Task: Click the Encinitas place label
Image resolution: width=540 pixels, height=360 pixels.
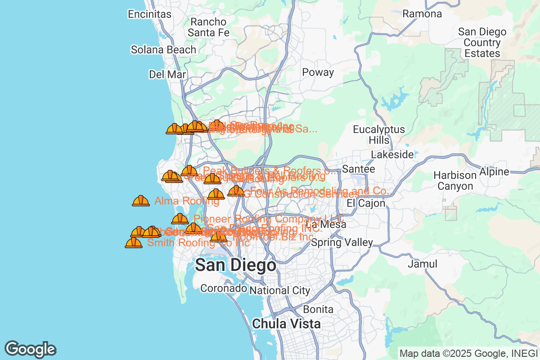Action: (150, 14)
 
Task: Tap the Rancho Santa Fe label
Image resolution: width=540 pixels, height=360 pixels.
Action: (208, 27)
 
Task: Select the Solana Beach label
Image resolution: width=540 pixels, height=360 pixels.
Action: (163, 49)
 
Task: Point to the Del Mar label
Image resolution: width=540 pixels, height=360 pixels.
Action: (167, 74)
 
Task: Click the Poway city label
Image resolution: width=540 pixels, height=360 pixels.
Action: (318, 72)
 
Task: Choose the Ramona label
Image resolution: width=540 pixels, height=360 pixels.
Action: (422, 14)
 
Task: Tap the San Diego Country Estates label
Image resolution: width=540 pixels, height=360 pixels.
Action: (482, 43)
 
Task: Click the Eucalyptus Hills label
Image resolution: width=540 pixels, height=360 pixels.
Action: (378, 135)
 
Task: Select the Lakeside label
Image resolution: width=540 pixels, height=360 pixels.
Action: (392, 154)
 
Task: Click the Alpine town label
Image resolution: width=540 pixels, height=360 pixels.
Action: (494, 171)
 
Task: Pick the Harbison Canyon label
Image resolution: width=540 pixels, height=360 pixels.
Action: (455, 180)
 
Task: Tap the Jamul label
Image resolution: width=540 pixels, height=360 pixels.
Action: (422, 264)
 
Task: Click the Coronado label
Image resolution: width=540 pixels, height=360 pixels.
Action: (224, 288)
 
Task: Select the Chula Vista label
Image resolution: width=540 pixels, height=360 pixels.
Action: (287, 324)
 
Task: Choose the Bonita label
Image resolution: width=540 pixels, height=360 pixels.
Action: (318, 310)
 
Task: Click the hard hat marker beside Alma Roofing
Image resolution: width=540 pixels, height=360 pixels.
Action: (141, 201)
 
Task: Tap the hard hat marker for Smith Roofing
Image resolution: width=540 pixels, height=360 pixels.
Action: (134, 243)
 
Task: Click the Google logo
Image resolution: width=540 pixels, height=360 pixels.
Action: (31, 349)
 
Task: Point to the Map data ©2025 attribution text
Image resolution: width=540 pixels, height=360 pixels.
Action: (468, 354)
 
